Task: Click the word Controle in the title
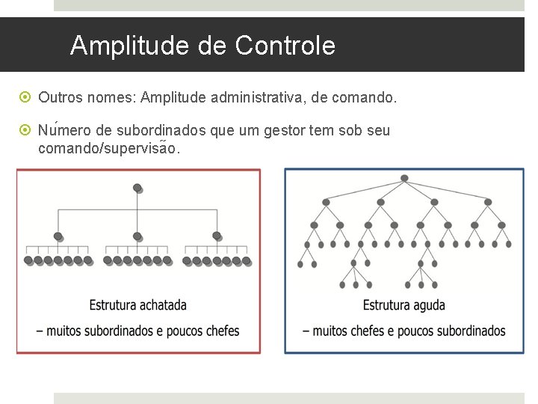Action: point(285,46)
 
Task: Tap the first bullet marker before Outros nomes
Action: point(26,97)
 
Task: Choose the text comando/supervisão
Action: point(108,148)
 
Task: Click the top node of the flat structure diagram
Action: point(137,187)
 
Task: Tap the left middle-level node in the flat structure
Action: point(58,236)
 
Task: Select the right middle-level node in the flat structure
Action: point(217,236)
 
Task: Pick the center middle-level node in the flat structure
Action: point(137,236)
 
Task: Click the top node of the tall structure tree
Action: point(404,178)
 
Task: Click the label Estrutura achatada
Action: point(138,304)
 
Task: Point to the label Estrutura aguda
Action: point(404,304)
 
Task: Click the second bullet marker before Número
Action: point(26,131)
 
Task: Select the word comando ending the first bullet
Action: point(369,97)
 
